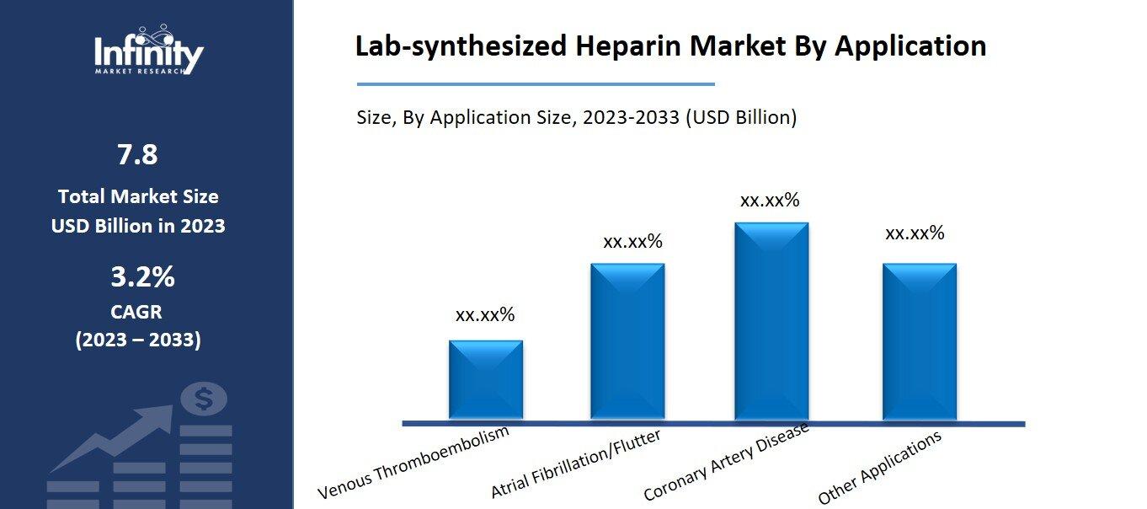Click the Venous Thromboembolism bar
click(x=485, y=379)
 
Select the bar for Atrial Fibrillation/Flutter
click(x=627, y=341)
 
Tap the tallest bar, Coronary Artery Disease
click(x=771, y=321)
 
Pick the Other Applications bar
click(x=919, y=341)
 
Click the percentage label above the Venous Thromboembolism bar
click(x=484, y=315)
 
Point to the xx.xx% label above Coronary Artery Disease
click(x=769, y=201)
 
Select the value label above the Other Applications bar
click(x=915, y=233)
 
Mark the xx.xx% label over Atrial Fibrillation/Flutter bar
click(x=632, y=242)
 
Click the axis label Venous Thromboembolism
click(x=414, y=463)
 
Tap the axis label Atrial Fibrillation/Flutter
click(x=575, y=464)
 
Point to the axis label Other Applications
click(x=879, y=468)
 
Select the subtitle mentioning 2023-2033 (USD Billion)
click(x=576, y=117)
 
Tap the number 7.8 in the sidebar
click(x=137, y=155)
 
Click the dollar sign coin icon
click(x=203, y=399)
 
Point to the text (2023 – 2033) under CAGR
click(x=138, y=340)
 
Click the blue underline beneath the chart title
click(x=536, y=84)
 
